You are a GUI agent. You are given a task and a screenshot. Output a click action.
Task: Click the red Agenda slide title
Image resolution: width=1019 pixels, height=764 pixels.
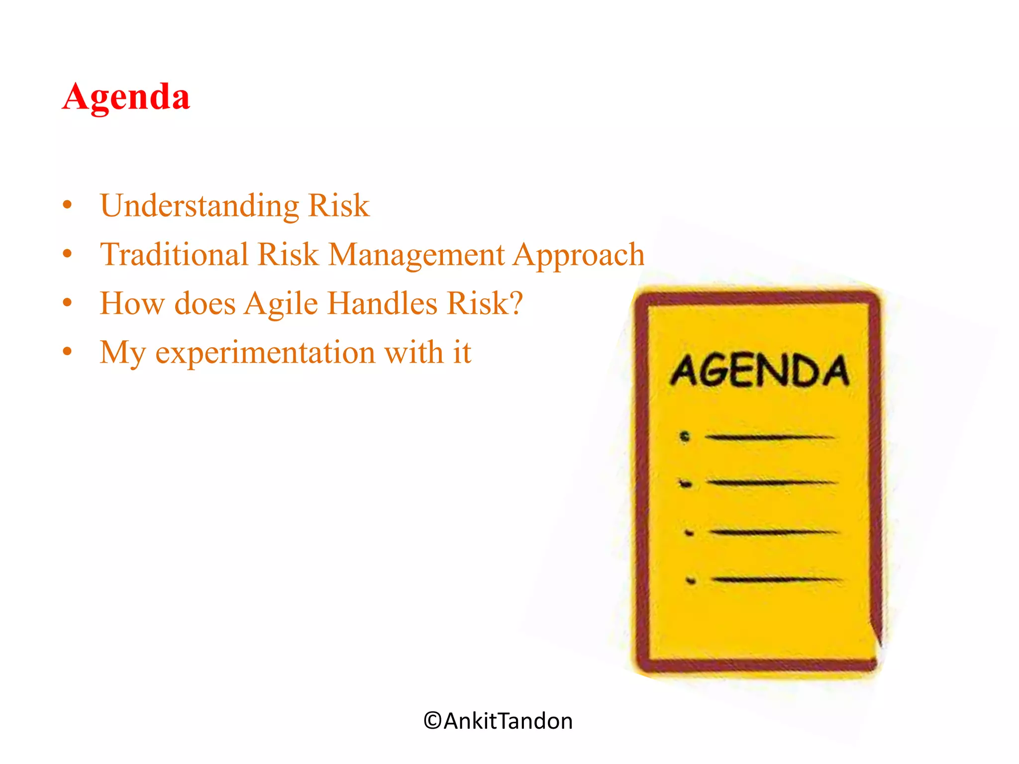pos(126,97)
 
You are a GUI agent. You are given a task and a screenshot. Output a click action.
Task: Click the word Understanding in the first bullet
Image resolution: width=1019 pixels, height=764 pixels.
pos(200,205)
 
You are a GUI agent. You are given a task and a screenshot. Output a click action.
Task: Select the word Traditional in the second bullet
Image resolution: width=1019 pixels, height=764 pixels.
pos(174,254)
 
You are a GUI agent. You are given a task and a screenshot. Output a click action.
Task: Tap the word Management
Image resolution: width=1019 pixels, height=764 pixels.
pos(416,255)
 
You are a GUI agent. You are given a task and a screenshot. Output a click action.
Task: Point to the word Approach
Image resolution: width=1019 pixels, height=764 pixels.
pos(579,255)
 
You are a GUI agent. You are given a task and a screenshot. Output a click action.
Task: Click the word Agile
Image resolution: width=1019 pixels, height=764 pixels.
pos(281,303)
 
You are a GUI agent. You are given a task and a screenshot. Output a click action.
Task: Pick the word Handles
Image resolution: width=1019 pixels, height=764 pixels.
pos(382,303)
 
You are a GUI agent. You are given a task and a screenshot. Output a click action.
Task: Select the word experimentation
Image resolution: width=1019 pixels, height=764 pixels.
pos(265,353)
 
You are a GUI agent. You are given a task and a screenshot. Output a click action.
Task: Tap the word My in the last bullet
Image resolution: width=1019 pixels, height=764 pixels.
pos(122,353)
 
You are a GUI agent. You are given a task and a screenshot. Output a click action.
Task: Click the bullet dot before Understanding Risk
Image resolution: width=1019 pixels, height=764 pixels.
pos(68,205)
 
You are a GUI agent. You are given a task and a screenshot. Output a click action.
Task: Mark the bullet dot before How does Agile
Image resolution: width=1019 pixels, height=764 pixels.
pos(68,302)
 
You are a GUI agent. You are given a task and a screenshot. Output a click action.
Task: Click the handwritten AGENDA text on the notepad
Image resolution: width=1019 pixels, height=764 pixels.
pos(759,371)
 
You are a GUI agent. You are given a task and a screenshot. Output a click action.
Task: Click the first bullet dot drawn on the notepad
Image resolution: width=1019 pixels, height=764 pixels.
pos(685,437)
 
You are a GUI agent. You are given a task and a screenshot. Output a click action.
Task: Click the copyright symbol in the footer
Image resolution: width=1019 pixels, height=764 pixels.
pos(432,721)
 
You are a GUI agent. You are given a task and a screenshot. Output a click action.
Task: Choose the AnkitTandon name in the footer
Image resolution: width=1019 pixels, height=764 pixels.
pos(508,721)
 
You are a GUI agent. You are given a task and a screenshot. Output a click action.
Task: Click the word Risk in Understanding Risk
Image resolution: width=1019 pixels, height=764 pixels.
pos(338,205)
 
